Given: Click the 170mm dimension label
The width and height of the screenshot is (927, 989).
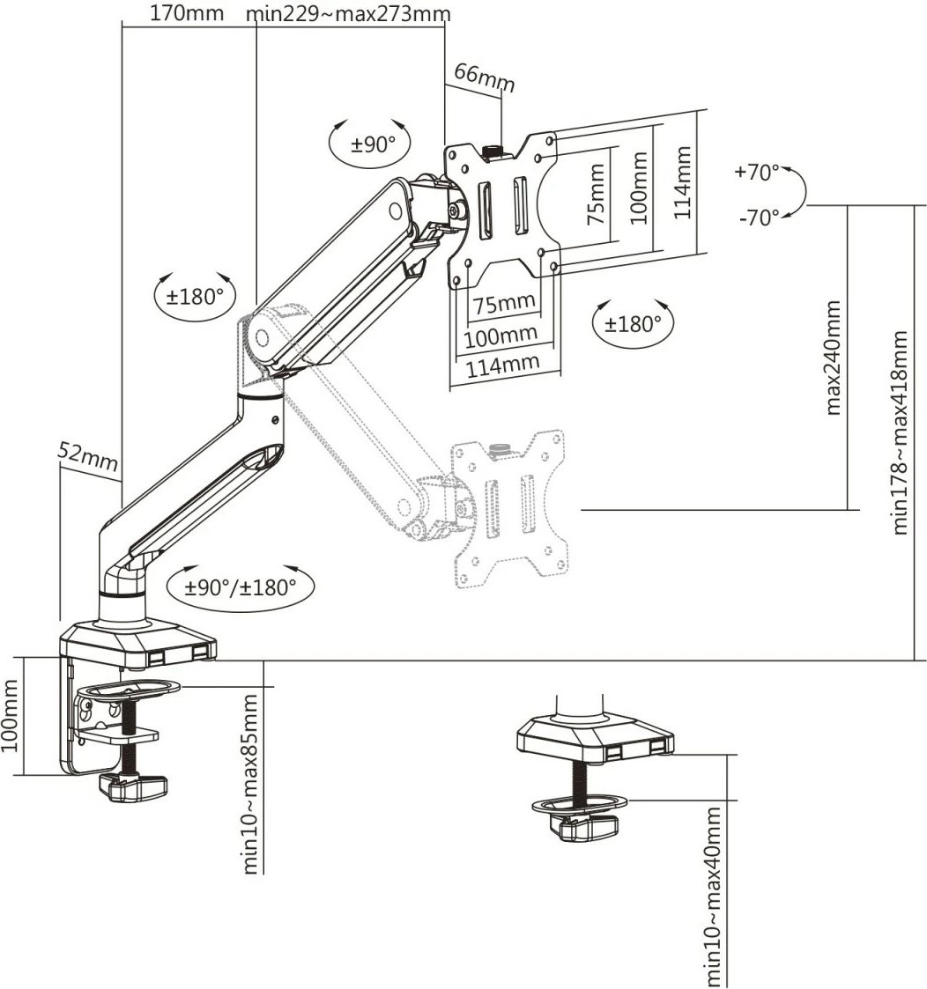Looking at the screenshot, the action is (x=186, y=13).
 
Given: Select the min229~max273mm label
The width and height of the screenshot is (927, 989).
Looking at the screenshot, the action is (x=348, y=13).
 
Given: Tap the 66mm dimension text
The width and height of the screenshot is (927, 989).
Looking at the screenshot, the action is (x=484, y=77).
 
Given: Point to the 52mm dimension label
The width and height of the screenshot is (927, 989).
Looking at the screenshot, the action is (x=88, y=457).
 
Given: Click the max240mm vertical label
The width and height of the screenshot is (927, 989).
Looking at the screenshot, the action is (x=833, y=358).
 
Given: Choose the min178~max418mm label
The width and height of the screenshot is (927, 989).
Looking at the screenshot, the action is (x=900, y=432).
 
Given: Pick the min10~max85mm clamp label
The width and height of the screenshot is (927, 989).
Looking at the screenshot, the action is (x=250, y=784).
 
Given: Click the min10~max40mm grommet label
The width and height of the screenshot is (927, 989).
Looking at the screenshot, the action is (x=713, y=897).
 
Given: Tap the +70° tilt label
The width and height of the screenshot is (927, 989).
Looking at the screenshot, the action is (x=757, y=172).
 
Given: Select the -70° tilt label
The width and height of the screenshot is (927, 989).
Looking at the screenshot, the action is (x=760, y=218).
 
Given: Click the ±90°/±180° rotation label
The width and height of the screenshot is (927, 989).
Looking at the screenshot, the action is (x=241, y=587).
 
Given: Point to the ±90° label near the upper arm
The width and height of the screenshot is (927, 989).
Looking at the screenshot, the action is (x=373, y=144).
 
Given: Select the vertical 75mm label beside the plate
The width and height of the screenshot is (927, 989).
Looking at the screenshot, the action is (x=596, y=195).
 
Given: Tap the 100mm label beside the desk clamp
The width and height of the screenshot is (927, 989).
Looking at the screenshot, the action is (x=9, y=715).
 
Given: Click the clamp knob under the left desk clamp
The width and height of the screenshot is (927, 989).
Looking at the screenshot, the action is (x=132, y=788).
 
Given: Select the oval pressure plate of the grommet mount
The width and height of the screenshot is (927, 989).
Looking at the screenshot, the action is (x=581, y=803).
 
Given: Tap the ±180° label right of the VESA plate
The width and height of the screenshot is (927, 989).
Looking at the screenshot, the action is (x=633, y=324).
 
